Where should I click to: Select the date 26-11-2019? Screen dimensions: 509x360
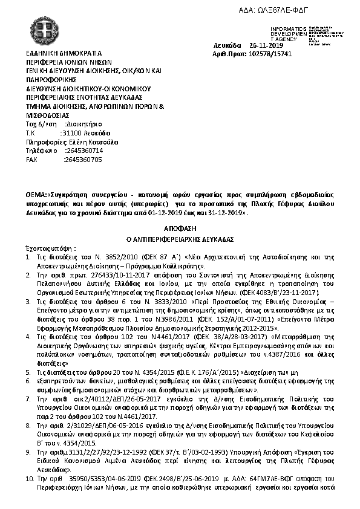click(x=266, y=45)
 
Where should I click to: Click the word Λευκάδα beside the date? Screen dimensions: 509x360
click(x=227, y=45)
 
